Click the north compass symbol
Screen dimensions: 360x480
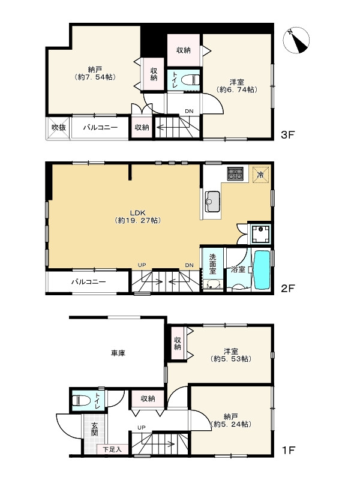(x=296, y=40)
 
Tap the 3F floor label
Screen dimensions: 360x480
(x=287, y=134)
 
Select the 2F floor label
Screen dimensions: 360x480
(x=287, y=289)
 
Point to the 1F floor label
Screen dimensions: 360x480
(x=288, y=450)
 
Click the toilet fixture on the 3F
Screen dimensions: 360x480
(x=190, y=80)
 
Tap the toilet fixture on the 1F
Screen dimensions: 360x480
(x=81, y=400)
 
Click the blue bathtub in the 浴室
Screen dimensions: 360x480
(x=262, y=270)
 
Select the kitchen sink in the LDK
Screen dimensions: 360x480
(x=212, y=201)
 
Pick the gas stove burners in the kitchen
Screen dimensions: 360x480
(x=235, y=173)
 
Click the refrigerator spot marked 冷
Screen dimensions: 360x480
(x=260, y=175)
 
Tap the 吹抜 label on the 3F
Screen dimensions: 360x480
(x=58, y=127)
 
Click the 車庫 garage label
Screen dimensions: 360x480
(x=118, y=353)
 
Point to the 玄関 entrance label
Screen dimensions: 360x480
(x=94, y=429)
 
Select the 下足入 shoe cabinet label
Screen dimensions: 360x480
(x=112, y=449)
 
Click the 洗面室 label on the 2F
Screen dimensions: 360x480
(x=212, y=264)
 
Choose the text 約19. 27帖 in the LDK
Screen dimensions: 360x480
(x=138, y=220)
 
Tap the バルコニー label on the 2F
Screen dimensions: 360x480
(x=89, y=281)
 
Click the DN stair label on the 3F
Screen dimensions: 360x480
(x=189, y=111)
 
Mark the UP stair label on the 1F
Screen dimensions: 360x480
(x=142, y=427)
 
